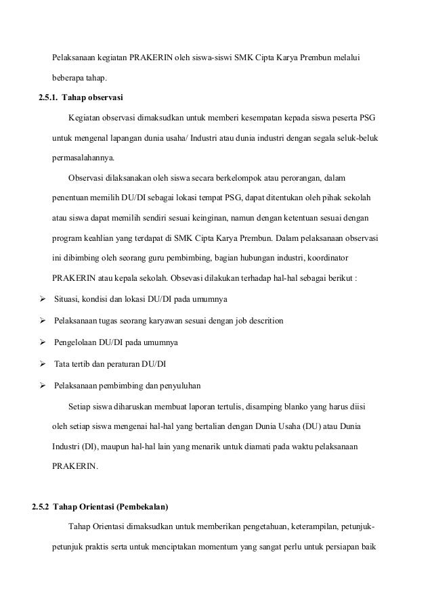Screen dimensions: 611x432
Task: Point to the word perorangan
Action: coord(301,179)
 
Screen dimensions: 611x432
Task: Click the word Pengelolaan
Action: coord(78,343)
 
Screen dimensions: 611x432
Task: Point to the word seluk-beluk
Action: coord(360,139)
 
